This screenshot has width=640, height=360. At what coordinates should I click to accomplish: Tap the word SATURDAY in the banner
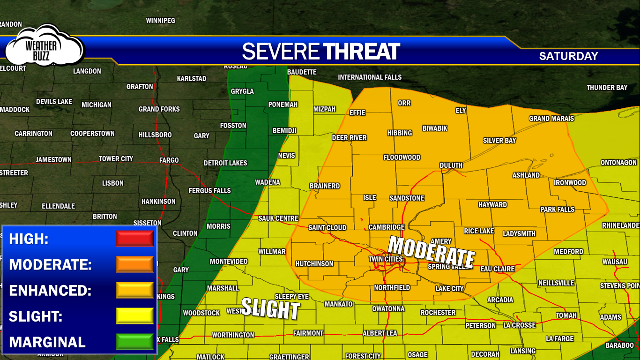point(568,56)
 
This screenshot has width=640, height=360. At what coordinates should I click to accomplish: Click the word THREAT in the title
point(361,52)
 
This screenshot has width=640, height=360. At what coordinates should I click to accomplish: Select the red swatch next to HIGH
point(134,239)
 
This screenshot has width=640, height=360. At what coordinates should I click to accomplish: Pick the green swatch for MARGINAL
point(134,342)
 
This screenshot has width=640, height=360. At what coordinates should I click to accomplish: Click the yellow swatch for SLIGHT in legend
point(134,316)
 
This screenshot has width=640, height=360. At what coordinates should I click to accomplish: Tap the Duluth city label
point(451,165)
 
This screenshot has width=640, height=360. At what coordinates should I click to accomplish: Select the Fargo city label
point(169,160)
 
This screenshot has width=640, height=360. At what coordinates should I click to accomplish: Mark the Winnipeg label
point(160,21)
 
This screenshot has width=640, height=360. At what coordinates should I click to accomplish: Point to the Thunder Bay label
point(607,88)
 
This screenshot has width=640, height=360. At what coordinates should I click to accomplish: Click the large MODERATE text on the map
point(432,252)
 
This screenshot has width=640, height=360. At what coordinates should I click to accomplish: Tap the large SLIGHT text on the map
point(270,309)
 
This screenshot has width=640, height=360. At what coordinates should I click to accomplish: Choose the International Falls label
point(370,77)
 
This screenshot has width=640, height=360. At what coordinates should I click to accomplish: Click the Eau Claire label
point(497,269)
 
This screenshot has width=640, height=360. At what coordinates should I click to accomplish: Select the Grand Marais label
point(551,119)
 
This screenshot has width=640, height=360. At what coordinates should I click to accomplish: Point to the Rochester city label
point(438,313)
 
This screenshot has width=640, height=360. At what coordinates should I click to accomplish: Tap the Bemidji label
point(284,131)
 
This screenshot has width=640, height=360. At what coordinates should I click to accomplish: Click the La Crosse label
point(520,325)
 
